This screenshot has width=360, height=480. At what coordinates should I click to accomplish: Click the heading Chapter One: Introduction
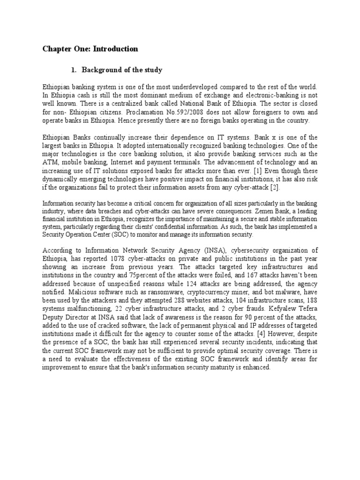click(90, 49)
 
